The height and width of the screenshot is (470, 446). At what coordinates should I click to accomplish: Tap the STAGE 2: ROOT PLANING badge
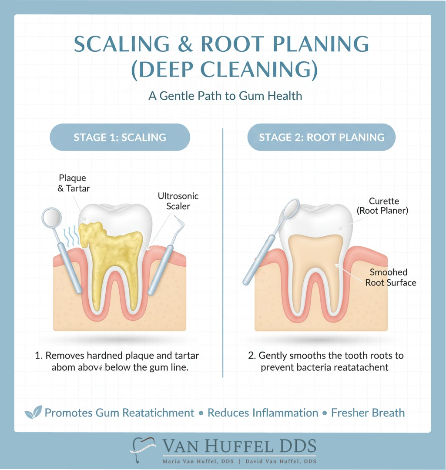[322, 138]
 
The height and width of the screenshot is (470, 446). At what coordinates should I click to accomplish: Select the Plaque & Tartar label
[73, 183]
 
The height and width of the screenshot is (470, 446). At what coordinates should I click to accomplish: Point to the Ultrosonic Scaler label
[178, 201]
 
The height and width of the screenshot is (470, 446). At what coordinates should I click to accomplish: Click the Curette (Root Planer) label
[388, 206]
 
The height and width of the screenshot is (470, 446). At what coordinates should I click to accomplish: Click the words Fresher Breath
[368, 413]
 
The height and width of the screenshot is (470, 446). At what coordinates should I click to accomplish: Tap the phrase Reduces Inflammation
[263, 413]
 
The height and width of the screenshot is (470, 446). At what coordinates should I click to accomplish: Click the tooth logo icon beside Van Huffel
[144, 450]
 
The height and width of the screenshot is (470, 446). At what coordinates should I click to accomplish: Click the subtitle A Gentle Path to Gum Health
[225, 96]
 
